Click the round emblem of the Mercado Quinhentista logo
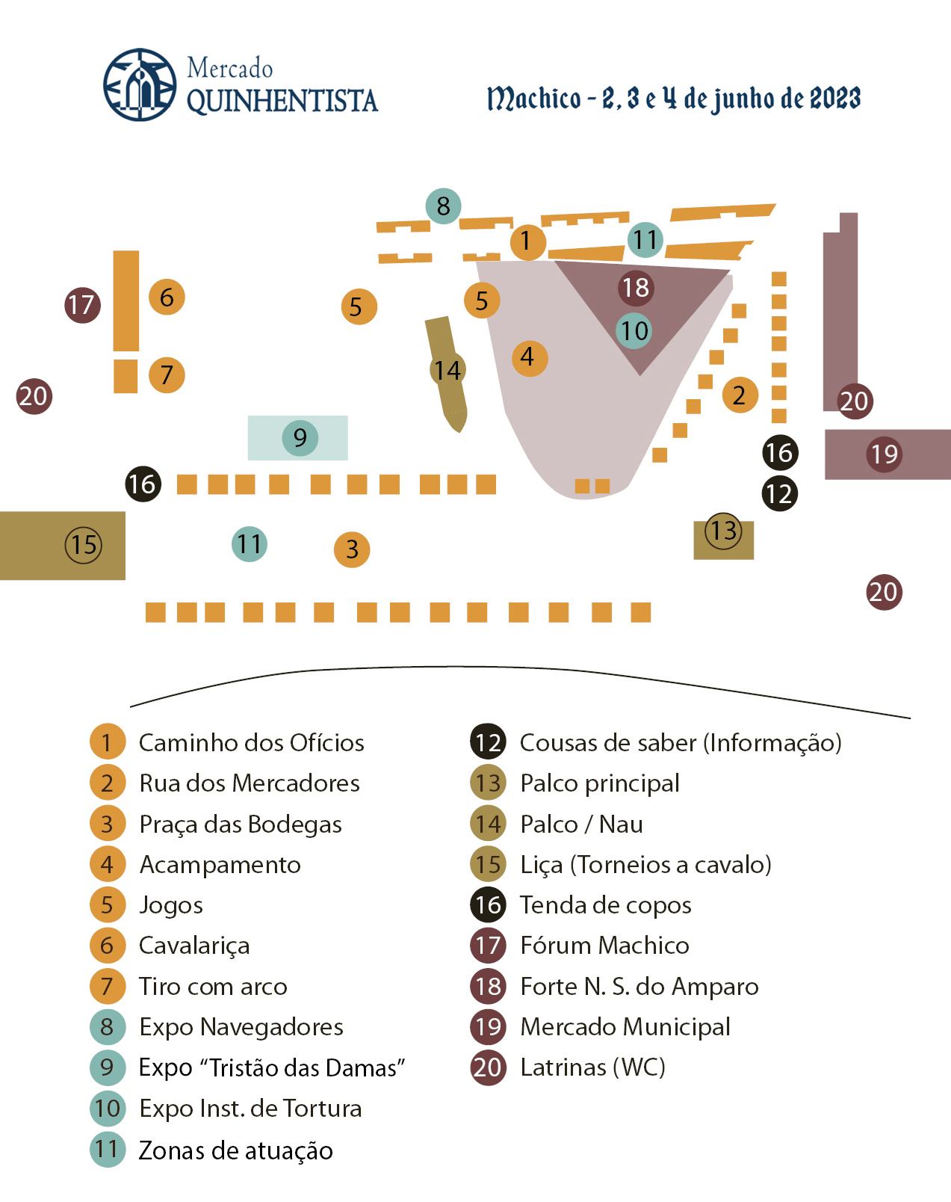[x=140, y=85]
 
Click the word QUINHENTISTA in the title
[x=282, y=101]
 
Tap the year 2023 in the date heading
[x=834, y=98]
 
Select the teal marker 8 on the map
[x=443, y=206]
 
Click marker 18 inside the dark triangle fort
[x=636, y=288]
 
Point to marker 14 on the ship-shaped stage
[x=447, y=370]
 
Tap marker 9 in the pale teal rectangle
[x=300, y=438]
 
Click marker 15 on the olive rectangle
[x=84, y=545]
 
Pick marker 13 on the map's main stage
[x=723, y=531]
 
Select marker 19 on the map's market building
[x=885, y=454]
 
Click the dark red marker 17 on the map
[x=82, y=305]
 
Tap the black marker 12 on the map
[x=780, y=494]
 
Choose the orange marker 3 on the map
[x=352, y=549]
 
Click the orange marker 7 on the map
[x=167, y=375]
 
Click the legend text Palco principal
[x=599, y=783]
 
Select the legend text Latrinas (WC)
[x=592, y=1067]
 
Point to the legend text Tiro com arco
[x=213, y=987]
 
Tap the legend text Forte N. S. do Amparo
[x=639, y=987]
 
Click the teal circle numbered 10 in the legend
[x=108, y=1109]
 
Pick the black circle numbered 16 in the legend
[x=488, y=905]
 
